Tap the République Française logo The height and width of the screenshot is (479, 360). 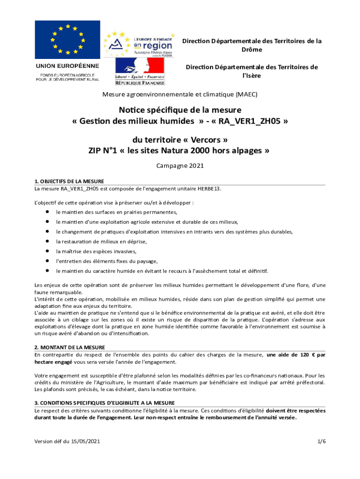tap(140, 72)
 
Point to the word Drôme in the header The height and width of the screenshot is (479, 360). tap(252, 50)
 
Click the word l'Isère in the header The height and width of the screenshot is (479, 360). tap(252, 76)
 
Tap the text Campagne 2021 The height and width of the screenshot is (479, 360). tap(180, 166)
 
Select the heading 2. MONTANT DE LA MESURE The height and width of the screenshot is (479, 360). tap(70, 347)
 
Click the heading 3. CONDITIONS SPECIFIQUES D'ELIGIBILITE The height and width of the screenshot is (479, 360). tap(105, 403)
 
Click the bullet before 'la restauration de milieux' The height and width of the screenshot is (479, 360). tap(47, 241)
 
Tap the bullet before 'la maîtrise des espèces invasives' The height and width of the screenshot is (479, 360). tap(47, 251)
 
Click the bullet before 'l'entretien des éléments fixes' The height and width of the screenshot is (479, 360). tap(47, 261)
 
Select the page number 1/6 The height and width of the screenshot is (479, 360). tap(321, 442)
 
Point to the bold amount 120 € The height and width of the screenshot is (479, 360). tap(304, 355)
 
